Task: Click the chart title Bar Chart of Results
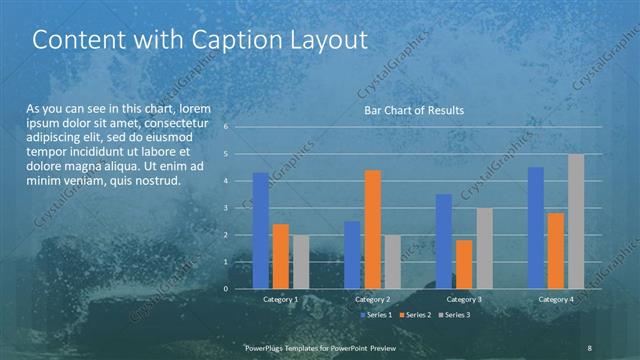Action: pos(413,110)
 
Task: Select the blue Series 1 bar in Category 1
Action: pos(260,231)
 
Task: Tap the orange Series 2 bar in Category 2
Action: pos(372,229)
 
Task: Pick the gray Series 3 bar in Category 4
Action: pos(576,221)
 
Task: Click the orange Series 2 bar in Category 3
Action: pos(463,264)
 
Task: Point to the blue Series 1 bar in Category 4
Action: pos(535,228)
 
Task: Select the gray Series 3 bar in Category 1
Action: pos(300,262)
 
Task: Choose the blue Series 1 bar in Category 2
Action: pos(352,255)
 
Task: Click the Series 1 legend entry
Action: pos(375,315)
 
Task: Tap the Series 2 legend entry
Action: pos(414,315)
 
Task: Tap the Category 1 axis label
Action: pos(280,299)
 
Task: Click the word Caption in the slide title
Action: pos(237,40)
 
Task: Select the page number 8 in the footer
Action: pos(590,347)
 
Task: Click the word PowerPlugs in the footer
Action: pos(268,347)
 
